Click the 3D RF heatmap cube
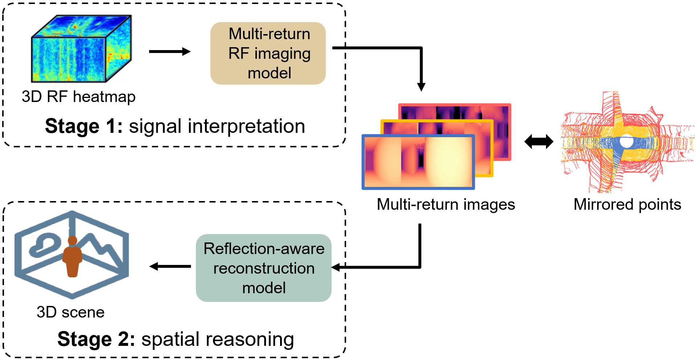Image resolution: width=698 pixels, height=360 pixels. click(x=81, y=49)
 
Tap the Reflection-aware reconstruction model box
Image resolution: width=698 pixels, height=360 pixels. click(x=263, y=268)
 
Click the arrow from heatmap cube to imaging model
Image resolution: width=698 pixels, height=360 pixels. click(x=169, y=52)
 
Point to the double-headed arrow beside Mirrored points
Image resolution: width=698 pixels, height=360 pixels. click(x=539, y=142)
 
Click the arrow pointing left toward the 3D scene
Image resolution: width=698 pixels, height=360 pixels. click(x=170, y=266)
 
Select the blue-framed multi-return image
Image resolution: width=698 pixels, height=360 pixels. click(x=418, y=162)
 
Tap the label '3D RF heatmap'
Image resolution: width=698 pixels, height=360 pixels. click(x=78, y=97)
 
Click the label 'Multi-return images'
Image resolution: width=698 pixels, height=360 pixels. click(x=446, y=204)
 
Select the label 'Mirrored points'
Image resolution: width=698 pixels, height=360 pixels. click(x=627, y=204)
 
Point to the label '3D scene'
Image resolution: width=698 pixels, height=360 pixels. click(x=70, y=312)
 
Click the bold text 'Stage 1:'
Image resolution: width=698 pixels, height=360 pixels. click(x=83, y=126)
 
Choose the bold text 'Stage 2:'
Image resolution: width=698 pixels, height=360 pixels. click(x=96, y=339)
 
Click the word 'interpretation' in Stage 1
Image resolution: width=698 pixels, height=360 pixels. click(x=246, y=126)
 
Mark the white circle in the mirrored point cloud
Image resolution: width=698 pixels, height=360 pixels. click(x=626, y=141)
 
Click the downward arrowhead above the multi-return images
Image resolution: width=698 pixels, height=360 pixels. click(x=421, y=87)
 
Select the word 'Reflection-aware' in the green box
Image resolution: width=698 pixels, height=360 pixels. click(x=264, y=249)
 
